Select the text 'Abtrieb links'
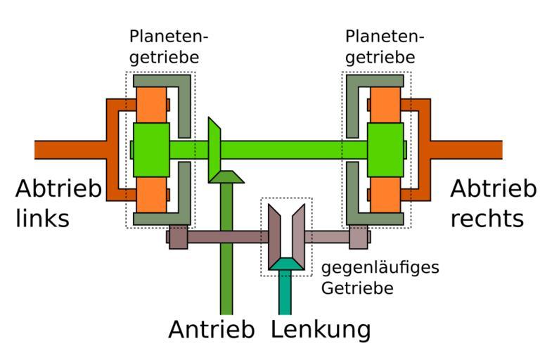(x=58, y=202)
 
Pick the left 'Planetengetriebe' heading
(x=169, y=46)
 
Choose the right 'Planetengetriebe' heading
(x=380, y=46)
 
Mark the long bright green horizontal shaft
(x=295, y=149)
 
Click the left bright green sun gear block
(x=150, y=149)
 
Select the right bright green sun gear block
(x=385, y=149)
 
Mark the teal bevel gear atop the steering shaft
(x=285, y=264)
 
